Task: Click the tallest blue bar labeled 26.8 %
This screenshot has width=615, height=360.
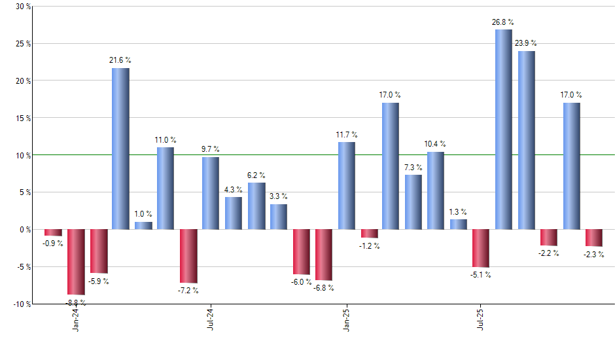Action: (x=504, y=130)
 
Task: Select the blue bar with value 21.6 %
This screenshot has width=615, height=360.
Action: (x=120, y=149)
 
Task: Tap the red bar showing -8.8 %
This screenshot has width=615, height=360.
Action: (x=76, y=262)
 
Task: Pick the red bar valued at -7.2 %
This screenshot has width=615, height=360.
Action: (x=188, y=256)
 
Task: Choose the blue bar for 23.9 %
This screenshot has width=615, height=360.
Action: (x=527, y=140)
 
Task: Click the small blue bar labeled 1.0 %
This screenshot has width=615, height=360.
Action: (x=143, y=226)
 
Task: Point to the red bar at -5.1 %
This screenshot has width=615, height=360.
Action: (x=481, y=248)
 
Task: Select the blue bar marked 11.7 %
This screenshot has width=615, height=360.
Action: (x=346, y=185)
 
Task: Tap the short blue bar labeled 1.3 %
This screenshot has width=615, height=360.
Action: (x=459, y=225)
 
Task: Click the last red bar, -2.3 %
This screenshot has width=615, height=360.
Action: (x=594, y=238)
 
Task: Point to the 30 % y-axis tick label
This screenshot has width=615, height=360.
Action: (x=23, y=7)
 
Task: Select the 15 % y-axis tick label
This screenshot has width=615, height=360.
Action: (x=23, y=118)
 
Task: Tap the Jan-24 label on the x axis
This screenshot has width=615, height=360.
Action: (x=77, y=319)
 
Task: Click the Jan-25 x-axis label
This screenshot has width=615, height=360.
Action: (x=347, y=319)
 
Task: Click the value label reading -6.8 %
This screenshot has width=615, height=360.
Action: (x=323, y=287)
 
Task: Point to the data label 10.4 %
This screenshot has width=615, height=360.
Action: (x=435, y=143)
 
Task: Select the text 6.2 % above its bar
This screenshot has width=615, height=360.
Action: (x=256, y=175)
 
